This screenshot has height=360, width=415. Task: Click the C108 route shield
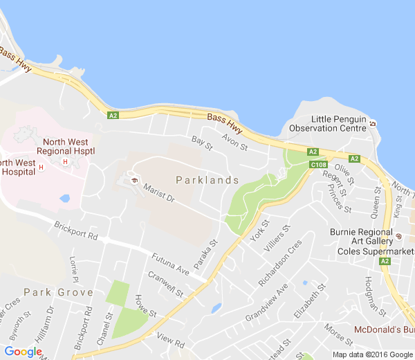pos(319,165)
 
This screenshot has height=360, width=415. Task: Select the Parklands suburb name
pos(207,180)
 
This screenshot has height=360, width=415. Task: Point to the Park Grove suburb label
pos(58,292)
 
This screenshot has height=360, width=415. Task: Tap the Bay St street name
pos(202,143)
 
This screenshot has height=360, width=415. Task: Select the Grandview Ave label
pos(266,303)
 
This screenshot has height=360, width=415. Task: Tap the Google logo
pos(23,352)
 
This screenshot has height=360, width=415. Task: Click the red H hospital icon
pos(65,162)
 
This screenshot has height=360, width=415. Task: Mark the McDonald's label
pos(384,329)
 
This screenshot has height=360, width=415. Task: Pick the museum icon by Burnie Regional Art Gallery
pos(398,237)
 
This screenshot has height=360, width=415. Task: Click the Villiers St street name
pos(281,236)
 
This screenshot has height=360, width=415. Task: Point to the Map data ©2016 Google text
pos(372,354)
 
